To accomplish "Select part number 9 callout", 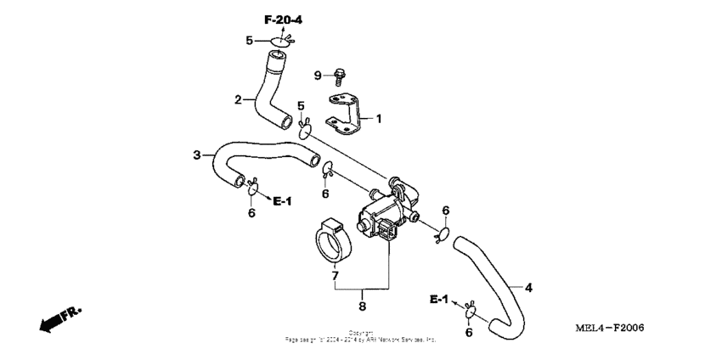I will [x=319, y=76].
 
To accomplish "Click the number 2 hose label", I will [x=239, y=99].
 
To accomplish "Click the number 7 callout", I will [x=335, y=276].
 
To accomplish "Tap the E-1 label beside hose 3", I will [x=282, y=200].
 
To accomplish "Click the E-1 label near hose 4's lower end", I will [x=437, y=300].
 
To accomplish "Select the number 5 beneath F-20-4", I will [x=250, y=40].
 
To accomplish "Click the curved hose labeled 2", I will [x=273, y=93].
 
